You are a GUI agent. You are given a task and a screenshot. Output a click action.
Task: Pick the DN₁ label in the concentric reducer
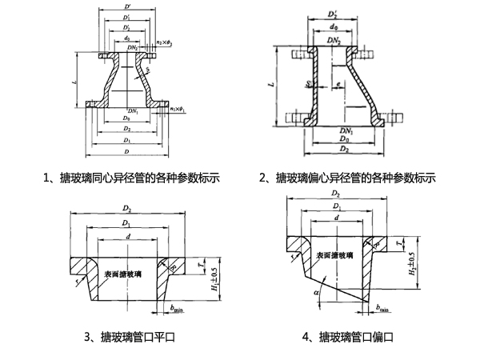132,110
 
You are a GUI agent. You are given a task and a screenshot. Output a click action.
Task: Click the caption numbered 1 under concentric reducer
131,178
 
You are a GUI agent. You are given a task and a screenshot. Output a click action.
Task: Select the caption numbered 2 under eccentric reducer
346,178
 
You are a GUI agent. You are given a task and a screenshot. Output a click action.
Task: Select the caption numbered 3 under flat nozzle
128,338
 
